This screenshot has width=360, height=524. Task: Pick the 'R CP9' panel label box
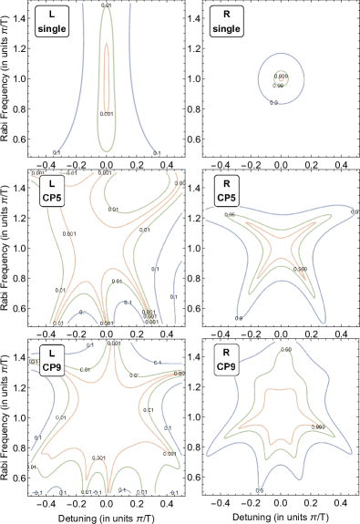225,360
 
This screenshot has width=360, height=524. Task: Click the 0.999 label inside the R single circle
282,76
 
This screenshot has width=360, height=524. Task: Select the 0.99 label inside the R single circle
279,85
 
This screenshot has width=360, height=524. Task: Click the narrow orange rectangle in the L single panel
107,77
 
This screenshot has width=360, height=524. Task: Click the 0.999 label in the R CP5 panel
300,270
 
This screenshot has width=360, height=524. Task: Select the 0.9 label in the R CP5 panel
239,317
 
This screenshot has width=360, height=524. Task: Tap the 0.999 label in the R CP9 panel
318,426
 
